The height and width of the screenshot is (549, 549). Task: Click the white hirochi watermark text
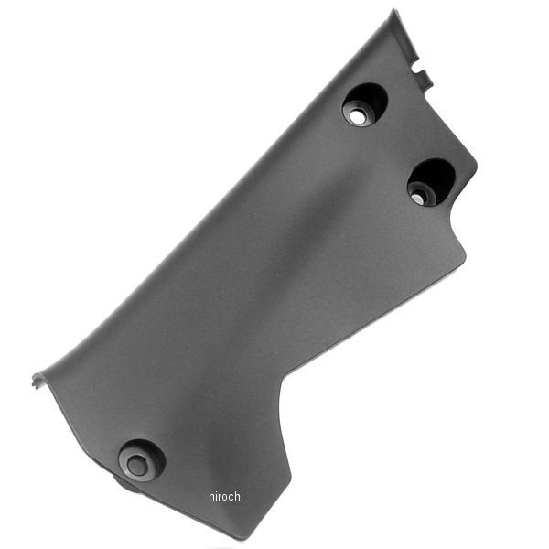(226, 496)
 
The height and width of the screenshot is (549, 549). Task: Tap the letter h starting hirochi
(211, 496)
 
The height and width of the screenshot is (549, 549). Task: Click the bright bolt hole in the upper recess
(357, 117)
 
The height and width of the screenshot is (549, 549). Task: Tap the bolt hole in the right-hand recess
(418, 199)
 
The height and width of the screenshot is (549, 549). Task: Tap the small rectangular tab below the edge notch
(427, 79)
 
